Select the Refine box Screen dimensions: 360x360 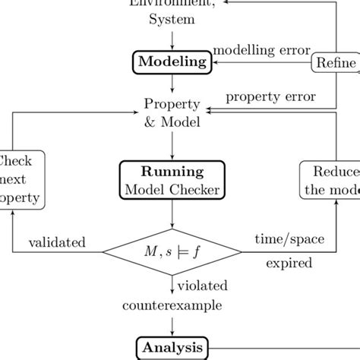(x=335, y=63)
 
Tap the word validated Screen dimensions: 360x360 (x=57, y=242)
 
